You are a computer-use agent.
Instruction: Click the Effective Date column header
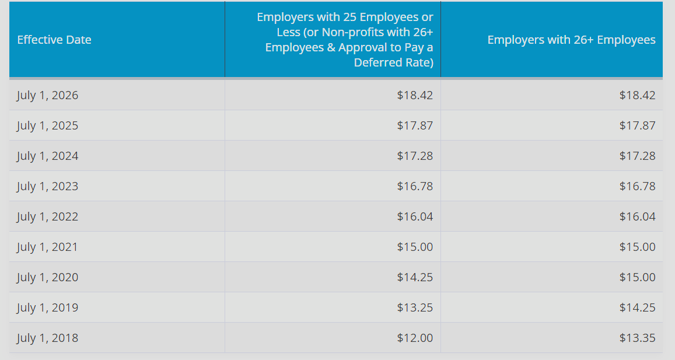(54, 40)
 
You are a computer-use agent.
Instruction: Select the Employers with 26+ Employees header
(571, 40)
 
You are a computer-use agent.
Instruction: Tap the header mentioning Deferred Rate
(345, 40)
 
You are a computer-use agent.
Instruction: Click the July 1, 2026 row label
(48, 95)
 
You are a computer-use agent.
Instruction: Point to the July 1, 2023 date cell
(48, 186)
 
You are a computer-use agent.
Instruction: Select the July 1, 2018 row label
(48, 338)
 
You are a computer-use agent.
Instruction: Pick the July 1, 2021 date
(47, 247)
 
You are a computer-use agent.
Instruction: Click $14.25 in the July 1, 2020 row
(415, 277)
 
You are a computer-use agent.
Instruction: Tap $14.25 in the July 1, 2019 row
(638, 307)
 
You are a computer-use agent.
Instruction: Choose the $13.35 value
(638, 338)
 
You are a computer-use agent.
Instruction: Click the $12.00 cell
(415, 338)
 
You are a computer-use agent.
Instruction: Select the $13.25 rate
(415, 307)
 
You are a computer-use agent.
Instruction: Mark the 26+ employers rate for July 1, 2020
(638, 277)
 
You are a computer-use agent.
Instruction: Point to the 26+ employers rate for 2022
(638, 216)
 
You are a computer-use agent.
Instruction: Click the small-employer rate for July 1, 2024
(415, 156)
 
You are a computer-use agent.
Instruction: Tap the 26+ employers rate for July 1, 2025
(638, 125)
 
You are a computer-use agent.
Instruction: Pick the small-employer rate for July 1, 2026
(415, 95)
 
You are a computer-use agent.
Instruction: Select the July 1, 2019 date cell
(48, 307)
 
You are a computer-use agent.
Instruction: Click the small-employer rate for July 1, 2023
(415, 186)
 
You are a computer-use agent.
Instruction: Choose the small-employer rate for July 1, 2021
(415, 247)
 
